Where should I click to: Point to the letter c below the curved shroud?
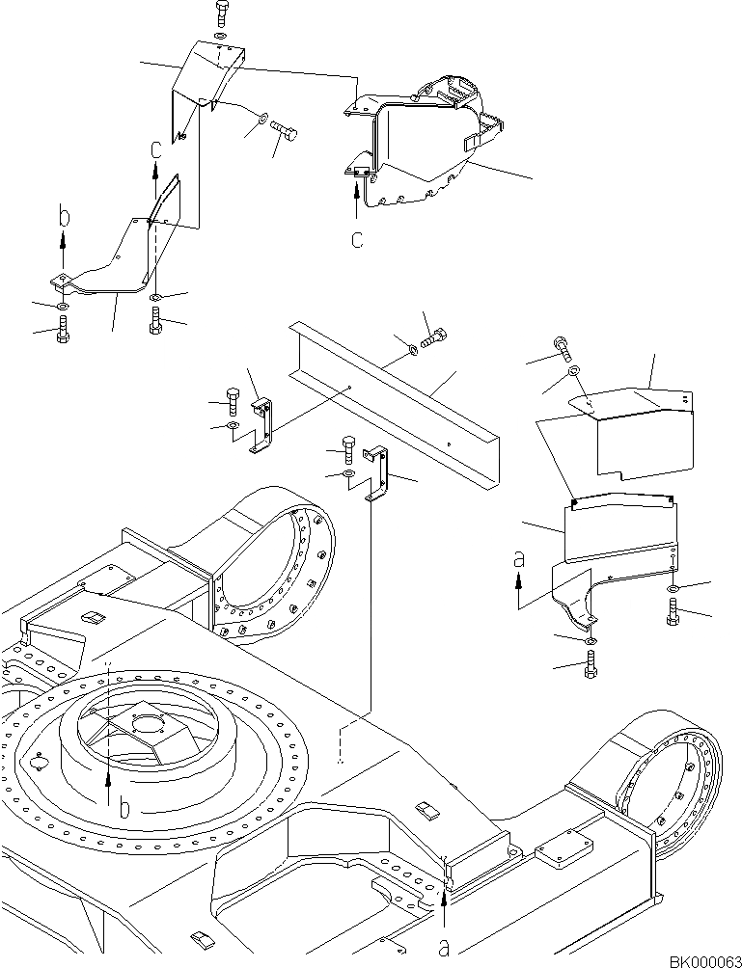357,240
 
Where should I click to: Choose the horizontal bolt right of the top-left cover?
284,126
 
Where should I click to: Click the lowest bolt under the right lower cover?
591,664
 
